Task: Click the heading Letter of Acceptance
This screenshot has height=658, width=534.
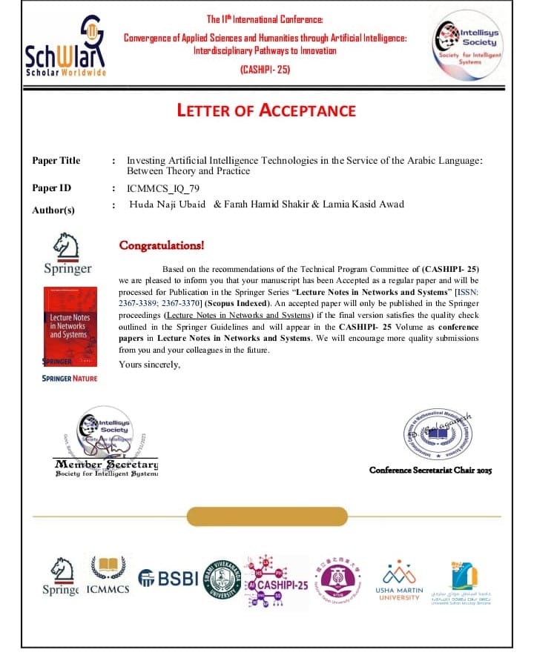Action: click(x=266, y=111)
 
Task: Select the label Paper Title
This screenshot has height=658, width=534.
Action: click(x=56, y=160)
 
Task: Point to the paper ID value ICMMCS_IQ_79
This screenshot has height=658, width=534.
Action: click(x=158, y=188)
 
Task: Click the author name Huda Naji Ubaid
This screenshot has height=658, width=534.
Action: click(x=168, y=205)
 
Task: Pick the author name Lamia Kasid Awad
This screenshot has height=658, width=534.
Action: click(x=363, y=205)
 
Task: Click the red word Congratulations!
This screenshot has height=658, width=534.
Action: click(x=162, y=245)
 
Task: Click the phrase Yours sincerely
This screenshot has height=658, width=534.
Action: click(x=150, y=364)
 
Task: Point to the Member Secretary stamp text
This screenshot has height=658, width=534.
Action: click(x=106, y=465)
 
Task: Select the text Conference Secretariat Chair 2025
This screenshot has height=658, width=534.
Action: click(x=430, y=471)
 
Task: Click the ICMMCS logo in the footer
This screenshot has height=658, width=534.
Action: click(x=108, y=574)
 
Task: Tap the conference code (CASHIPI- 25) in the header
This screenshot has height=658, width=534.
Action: click(x=266, y=70)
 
